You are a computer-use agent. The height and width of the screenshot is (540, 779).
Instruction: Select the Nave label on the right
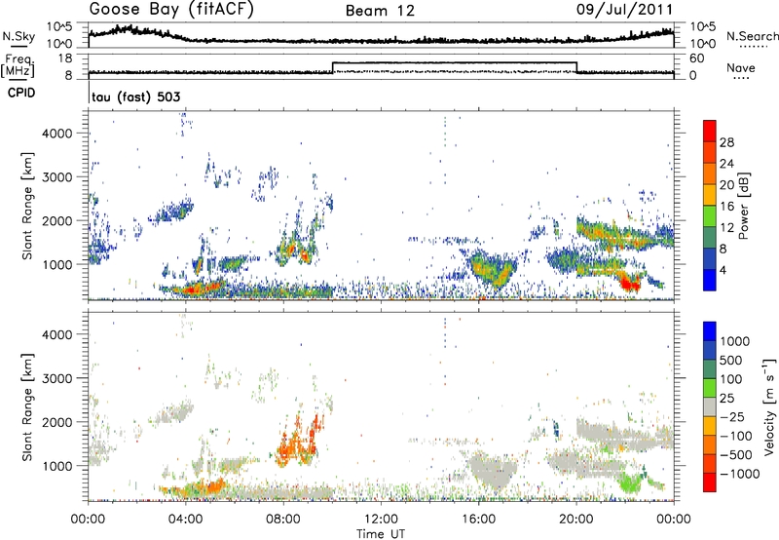point(745,67)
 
